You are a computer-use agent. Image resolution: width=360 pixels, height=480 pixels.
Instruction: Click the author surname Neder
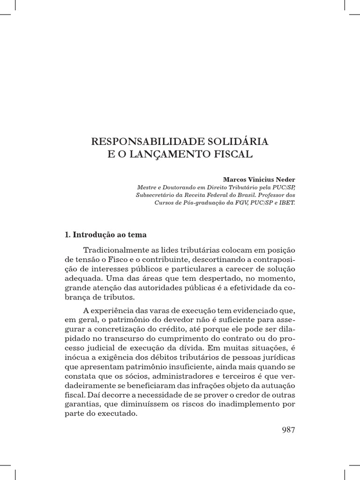(x=286, y=180)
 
